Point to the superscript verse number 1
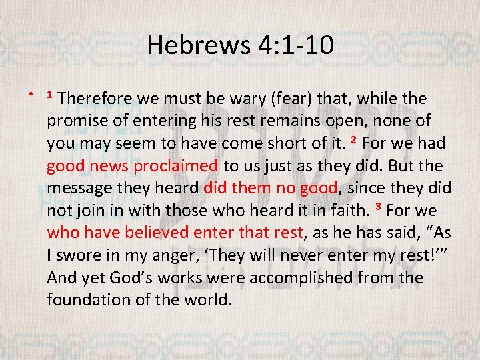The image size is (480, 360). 50,95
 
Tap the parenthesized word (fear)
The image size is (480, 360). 290,99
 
